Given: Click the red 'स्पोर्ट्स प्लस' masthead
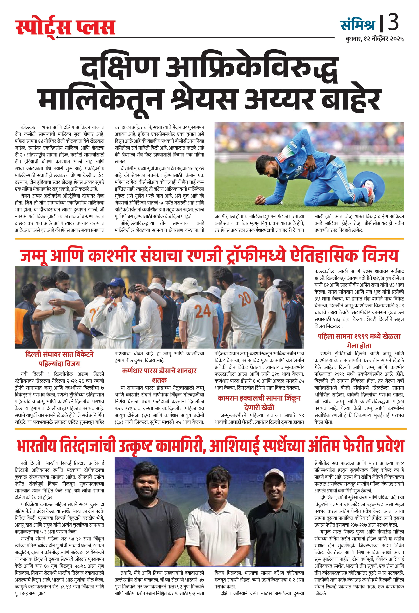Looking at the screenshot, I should pos(65,28).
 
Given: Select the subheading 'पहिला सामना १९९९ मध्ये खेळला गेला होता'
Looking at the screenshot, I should pos(359,341).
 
